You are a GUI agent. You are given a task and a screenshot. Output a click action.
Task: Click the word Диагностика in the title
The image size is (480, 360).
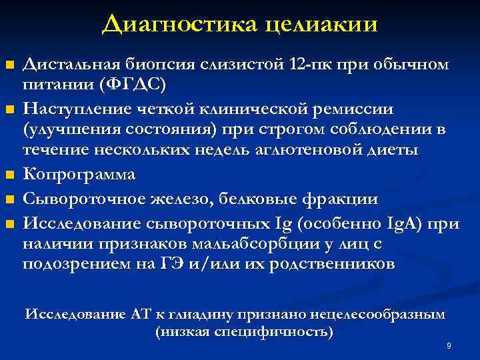click(x=179, y=24)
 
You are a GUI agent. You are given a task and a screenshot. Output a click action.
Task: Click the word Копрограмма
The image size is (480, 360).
click(x=79, y=174)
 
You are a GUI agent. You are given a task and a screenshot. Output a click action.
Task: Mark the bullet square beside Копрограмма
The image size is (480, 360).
click(x=9, y=176)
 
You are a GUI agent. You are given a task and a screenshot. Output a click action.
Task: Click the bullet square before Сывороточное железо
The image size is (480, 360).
click(x=9, y=200)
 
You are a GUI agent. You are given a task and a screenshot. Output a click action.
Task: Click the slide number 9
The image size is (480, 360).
click(x=449, y=347)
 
